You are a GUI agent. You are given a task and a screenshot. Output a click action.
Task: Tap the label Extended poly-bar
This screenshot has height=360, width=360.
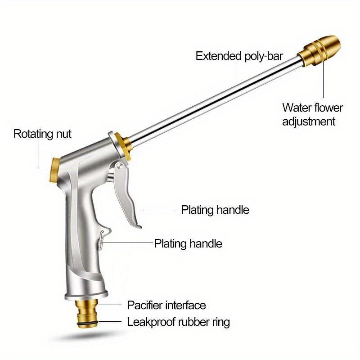pos(239,56)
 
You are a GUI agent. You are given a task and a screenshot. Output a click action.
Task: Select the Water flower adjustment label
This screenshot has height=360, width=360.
pos(312,114)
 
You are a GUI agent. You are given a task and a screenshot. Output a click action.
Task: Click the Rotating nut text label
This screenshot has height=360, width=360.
pos(42,134)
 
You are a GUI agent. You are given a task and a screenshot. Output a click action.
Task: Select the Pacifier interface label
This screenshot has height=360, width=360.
pos(166,305)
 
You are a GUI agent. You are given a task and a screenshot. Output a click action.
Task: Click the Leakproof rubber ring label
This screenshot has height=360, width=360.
pos(178,322)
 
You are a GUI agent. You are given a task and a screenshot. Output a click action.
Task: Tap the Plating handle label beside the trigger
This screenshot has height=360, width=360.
pos(215,210)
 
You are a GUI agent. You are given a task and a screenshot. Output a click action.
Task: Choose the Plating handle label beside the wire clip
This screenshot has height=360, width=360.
pos(188,243)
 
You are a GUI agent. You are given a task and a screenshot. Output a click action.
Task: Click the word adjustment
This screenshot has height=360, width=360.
pos(309,121)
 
